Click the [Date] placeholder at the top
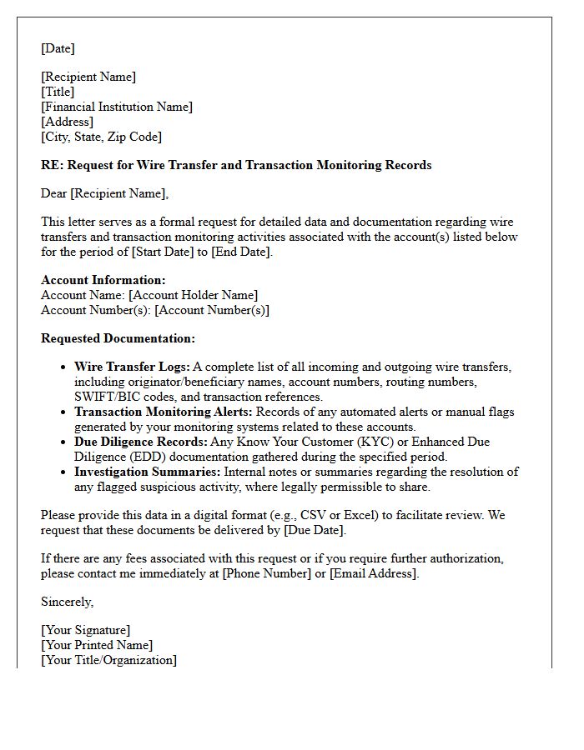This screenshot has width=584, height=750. (x=58, y=48)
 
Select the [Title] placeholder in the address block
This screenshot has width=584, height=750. (x=58, y=92)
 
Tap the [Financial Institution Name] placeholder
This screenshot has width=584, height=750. (x=117, y=107)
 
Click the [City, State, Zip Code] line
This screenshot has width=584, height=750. (x=101, y=137)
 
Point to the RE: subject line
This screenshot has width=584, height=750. (x=236, y=165)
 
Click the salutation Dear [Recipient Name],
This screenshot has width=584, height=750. (x=104, y=193)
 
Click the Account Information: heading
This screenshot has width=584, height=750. (x=103, y=280)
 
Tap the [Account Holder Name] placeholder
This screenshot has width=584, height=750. (x=193, y=295)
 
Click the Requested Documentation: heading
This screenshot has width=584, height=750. (x=118, y=338)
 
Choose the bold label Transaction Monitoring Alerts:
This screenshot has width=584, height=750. (x=163, y=412)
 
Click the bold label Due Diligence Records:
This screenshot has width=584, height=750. (x=140, y=442)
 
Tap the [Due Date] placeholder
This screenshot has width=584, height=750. (x=313, y=530)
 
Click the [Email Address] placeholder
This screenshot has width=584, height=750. (x=372, y=573)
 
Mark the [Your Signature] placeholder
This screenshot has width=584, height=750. (x=85, y=630)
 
